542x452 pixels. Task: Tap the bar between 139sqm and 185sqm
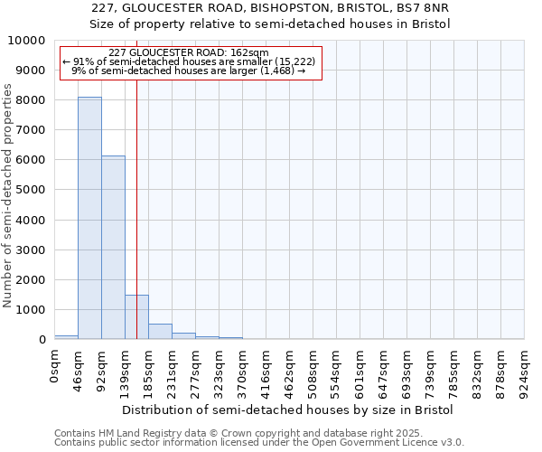tap(136, 316)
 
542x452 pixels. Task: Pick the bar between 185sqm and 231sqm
tap(160, 331)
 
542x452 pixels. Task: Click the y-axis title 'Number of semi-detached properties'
tap(8, 196)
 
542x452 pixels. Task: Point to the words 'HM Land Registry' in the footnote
tap(128, 434)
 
